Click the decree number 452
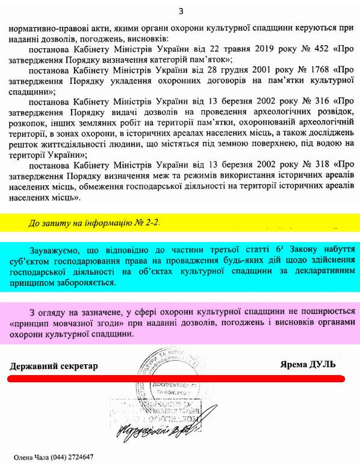tap(304, 48)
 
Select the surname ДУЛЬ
tap(322, 364)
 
